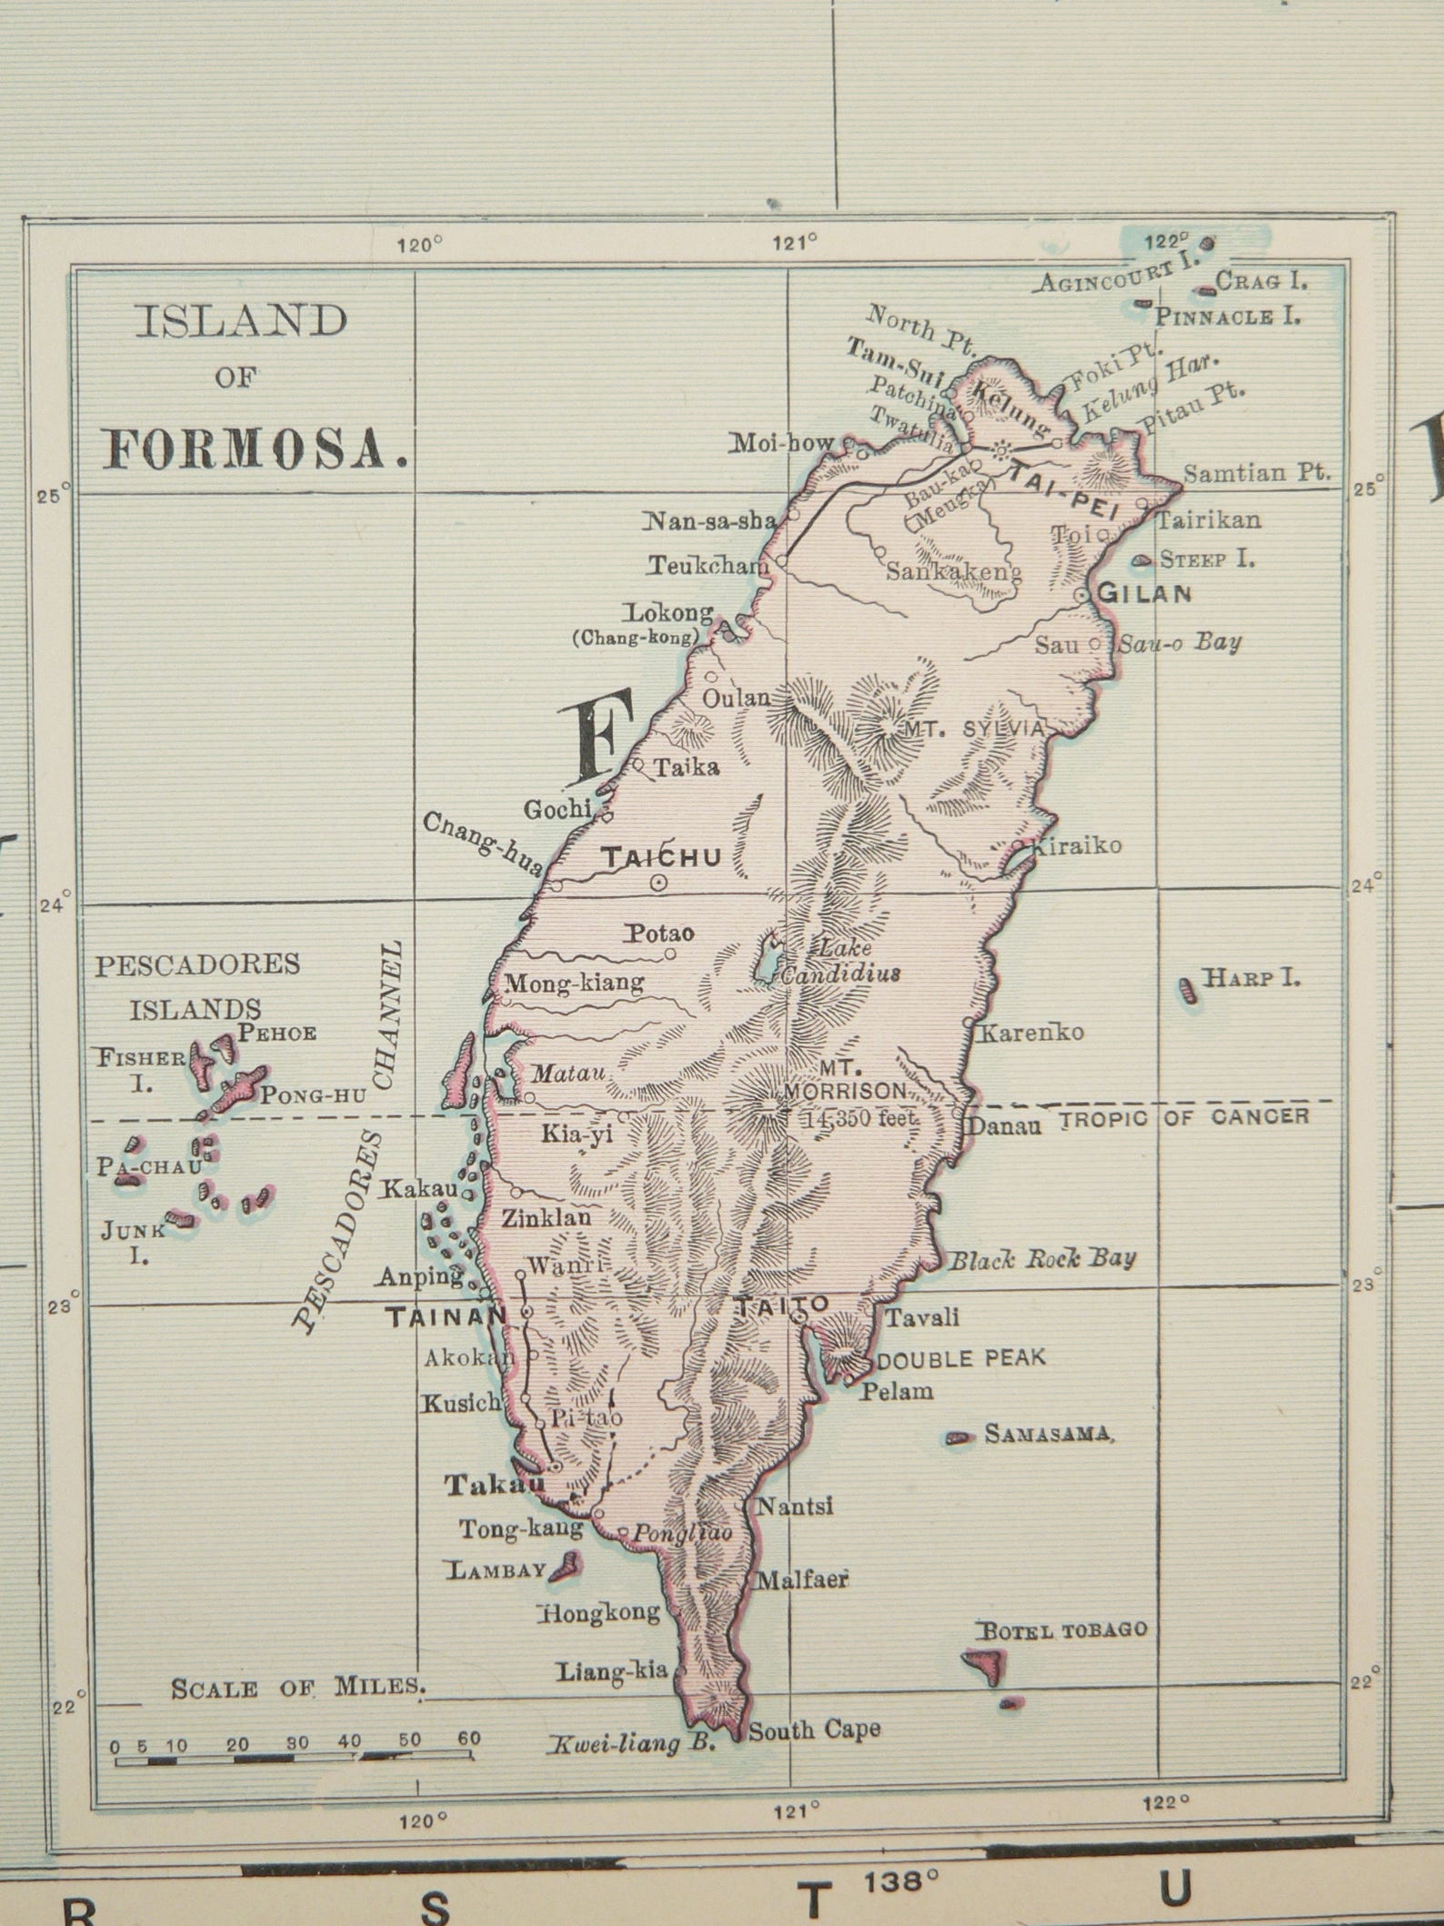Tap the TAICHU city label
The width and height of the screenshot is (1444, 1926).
coord(662,856)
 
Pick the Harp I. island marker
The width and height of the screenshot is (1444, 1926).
coord(1186,989)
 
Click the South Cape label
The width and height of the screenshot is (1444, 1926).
coord(814,1729)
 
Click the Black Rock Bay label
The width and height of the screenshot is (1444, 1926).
coord(1042,1259)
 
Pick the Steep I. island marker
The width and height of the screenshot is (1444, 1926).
coord(1140,561)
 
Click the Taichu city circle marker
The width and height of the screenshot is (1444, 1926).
coord(658,882)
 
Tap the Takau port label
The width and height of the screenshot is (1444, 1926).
coord(494,1485)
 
